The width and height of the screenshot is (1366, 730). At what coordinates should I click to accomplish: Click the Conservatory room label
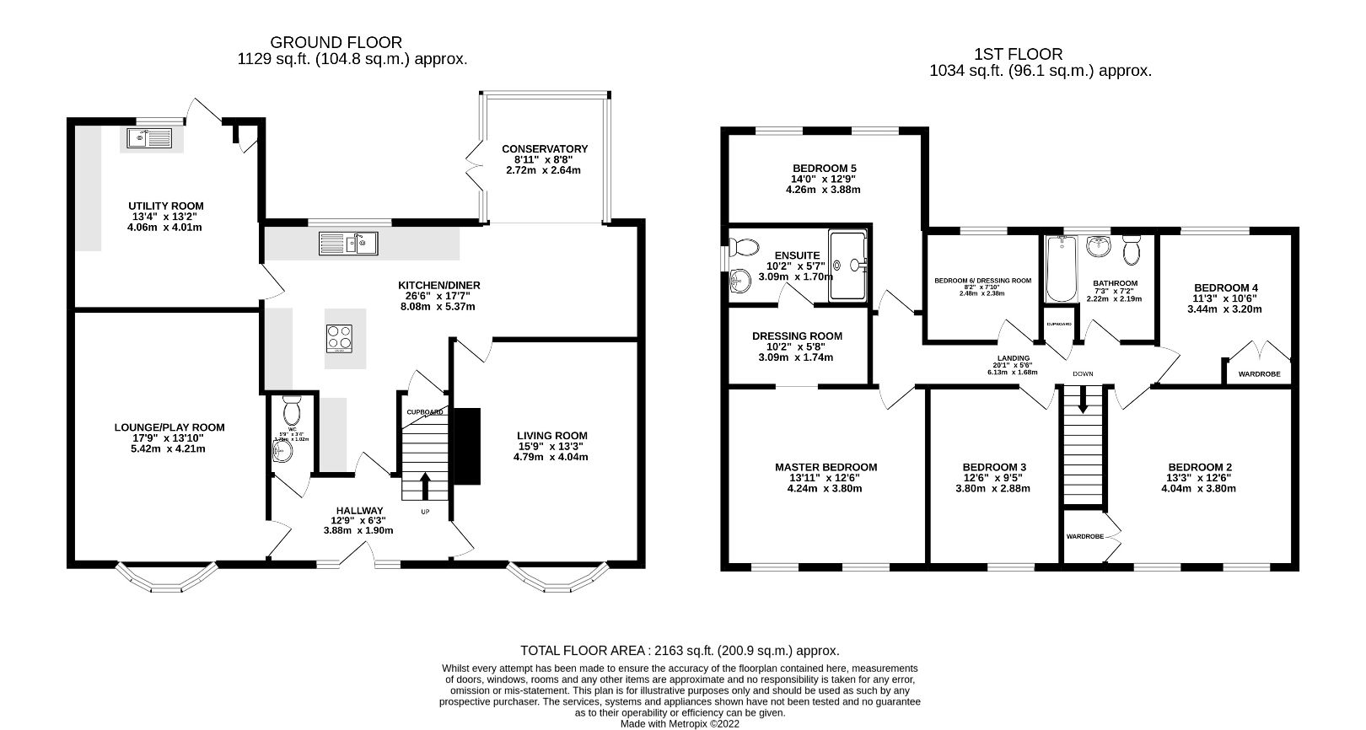click(544, 148)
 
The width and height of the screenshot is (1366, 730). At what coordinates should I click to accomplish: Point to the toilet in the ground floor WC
click(292, 411)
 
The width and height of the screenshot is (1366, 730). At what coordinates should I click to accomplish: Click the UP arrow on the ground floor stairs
click(424, 486)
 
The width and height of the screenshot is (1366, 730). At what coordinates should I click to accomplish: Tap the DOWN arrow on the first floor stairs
click(1082, 404)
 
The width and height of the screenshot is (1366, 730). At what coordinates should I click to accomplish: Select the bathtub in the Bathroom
click(1060, 269)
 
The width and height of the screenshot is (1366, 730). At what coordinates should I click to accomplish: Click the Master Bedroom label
click(826, 467)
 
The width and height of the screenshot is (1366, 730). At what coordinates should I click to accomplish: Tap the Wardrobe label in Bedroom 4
click(1259, 373)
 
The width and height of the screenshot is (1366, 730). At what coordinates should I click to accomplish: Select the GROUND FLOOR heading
click(336, 42)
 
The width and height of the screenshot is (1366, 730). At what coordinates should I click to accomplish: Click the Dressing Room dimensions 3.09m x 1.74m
click(797, 357)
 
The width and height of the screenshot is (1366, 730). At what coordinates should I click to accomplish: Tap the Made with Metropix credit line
click(679, 723)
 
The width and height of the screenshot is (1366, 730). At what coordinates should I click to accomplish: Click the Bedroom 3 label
click(994, 467)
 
